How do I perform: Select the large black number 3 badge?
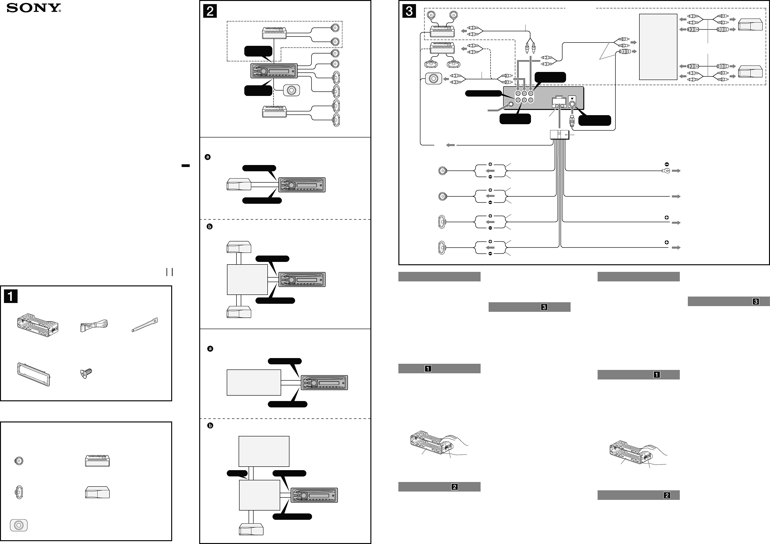click(x=409, y=11)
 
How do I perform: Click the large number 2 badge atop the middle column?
click(x=210, y=11)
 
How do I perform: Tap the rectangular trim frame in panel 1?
click(x=33, y=374)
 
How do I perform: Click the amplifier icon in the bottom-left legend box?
click(x=97, y=461)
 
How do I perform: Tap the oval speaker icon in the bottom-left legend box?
click(x=19, y=492)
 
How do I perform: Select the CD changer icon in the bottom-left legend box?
click(x=97, y=492)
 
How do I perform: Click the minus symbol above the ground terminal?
click(x=667, y=164)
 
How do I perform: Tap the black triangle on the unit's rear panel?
click(x=572, y=99)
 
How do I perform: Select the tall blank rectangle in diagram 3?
click(x=658, y=47)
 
